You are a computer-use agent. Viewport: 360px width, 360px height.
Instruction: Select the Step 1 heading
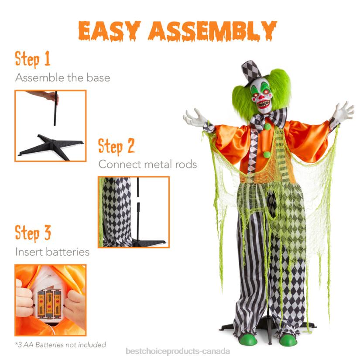point(33,59)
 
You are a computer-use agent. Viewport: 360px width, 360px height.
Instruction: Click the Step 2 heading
point(116,146)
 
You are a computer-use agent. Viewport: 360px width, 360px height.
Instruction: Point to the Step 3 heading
point(33,233)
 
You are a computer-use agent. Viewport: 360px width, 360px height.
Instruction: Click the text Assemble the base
point(62,78)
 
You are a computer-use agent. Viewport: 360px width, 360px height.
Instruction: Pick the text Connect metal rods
point(147,165)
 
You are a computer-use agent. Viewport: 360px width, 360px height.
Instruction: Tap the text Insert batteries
point(52,252)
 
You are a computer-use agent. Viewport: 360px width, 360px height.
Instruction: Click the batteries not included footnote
point(60,345)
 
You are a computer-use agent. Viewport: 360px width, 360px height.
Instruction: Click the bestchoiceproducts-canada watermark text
point(177,351)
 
